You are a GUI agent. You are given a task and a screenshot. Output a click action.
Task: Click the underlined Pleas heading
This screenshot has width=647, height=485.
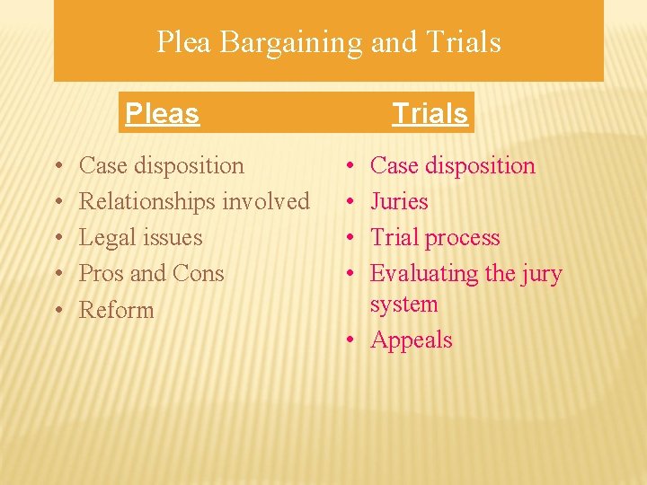(x=162, y=113)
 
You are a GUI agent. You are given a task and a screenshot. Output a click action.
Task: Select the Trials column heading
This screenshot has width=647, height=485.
(x=430, y=113)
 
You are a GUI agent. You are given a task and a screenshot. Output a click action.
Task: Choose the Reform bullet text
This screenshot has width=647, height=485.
(x=117, y=310)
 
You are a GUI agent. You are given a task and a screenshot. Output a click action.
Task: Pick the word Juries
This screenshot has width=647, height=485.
(x=399, y=202)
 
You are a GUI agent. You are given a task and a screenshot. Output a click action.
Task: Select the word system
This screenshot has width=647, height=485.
(x=403, y=304)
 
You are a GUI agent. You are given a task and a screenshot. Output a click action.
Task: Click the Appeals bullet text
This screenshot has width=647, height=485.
(x=412, y=340)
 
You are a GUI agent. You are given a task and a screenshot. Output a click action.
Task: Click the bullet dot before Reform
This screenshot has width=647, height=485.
(x=57, y=311)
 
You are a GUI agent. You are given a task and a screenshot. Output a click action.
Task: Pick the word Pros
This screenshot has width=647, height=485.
(x=102, y=273)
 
